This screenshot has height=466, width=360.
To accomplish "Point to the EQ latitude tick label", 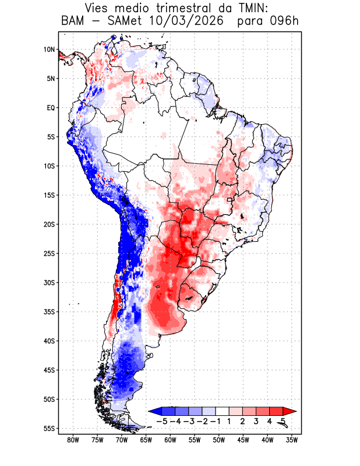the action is pyautogui.click(x=51, y=108).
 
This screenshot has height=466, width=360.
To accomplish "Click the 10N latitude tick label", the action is pyautogui.click(x=49, y=50).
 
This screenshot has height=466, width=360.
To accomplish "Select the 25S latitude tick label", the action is pyautogui.click(x=49, y=253).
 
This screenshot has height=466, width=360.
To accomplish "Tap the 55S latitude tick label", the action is pyautogui.click(x=49, y=429).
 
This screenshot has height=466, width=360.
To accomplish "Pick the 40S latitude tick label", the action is pyautogui.click(x=49, y=341).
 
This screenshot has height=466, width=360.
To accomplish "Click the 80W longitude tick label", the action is pyautogui.click(x=73, y=440).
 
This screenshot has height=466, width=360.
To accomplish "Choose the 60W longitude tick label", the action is pyautogui.click(x=170, y=440).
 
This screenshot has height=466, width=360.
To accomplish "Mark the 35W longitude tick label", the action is pyautogui.click(x=292, y=440).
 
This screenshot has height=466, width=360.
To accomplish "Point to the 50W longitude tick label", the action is pyautogui.click(x=219, y=440).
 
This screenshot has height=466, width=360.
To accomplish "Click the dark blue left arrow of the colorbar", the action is pyautogui.click(x=155, y=411).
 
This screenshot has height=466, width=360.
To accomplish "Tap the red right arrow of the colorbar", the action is pyautogui.click(x=290, y=411).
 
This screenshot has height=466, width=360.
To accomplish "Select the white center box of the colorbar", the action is pyautogui.click(x=223, y=411).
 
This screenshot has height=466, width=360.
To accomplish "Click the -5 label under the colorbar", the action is pyautogui.click(x=161, y=421).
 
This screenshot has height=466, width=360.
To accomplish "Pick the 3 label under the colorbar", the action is pyautogui.click(x=256, y=421).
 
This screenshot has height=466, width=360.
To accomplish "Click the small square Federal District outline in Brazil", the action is pyautogui.click(x=229, y=200).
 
